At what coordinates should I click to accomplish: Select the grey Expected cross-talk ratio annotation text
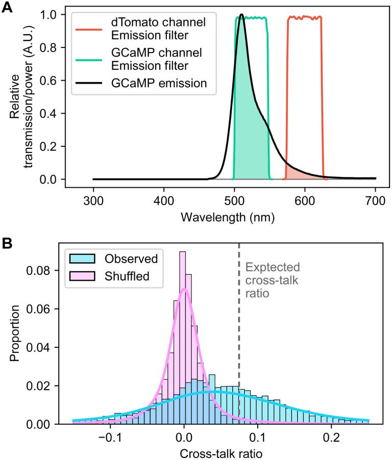(272, 280)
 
